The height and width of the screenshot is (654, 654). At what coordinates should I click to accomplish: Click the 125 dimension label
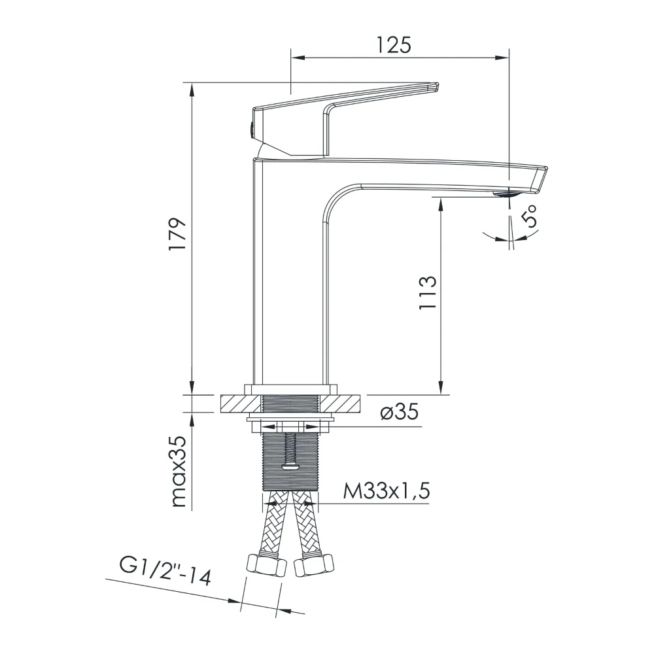(394, 44)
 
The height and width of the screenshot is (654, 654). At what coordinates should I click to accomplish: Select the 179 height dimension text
(177, 233)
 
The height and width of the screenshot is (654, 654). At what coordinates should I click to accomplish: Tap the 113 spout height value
(428, 292)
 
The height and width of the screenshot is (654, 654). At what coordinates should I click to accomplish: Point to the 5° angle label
(529, 216)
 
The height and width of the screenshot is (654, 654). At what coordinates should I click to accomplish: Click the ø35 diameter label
(399, 413)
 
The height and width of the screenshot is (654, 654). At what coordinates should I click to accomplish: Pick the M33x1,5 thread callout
(387, 491)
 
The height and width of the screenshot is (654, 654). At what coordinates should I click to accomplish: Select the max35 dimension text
(179, 471)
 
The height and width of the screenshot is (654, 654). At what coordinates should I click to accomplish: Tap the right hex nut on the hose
(315, 566)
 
